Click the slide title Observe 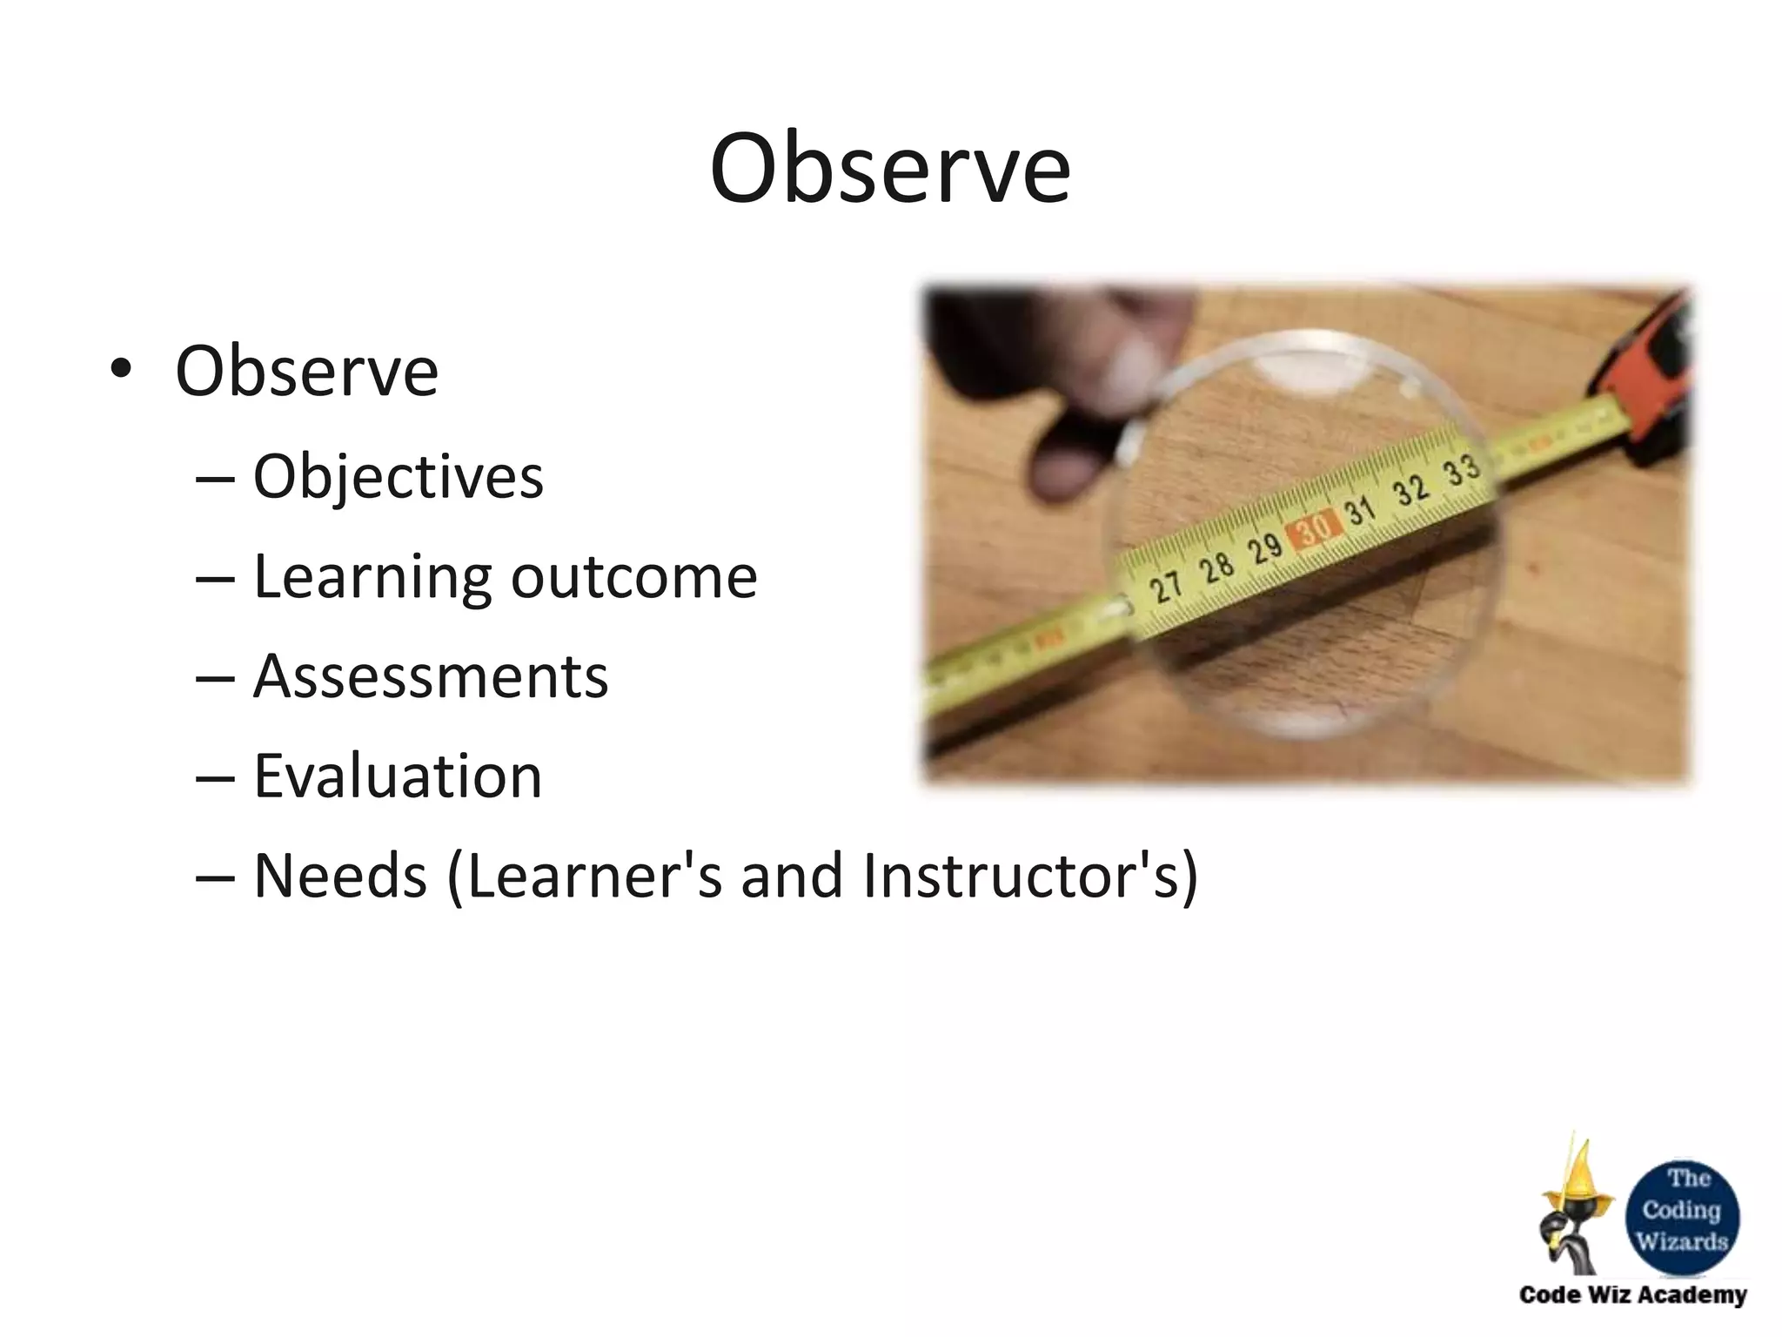(x=889, y=169)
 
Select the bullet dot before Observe (x=121, y=370)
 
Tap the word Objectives (x=398, y=477)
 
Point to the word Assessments (x=431, y=676)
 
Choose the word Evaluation (x=398, y=776)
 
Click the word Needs (x=340, y=876)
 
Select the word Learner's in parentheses (x=593, y=876)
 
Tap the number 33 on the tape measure (x=1462, y=470)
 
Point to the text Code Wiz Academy (x=1632, y=1295)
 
